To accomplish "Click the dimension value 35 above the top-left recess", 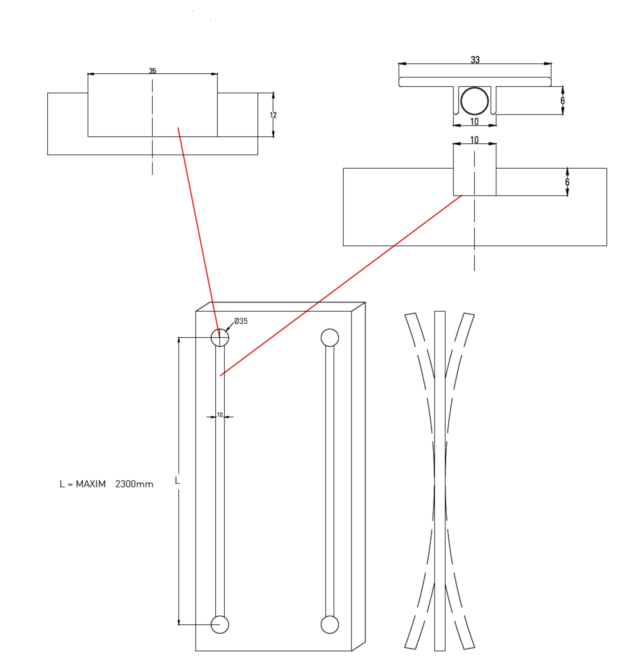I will click(152, 71).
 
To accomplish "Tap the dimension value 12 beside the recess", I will click(273, 115).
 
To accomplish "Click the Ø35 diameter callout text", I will click(241, 321).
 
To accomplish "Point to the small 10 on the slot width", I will click(220, 415).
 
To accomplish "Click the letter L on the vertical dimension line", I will click(177, 481).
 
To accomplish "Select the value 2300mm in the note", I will click(134, 484).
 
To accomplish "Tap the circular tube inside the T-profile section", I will click(474, 101).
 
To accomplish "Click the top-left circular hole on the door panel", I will click(220, 338).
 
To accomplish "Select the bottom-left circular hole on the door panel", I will click(220, 624).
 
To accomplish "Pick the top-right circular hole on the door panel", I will click(330, 338).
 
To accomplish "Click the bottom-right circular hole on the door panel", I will click(330, 624).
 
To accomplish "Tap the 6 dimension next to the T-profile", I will click(562, 101).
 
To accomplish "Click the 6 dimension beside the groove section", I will click(567, 182).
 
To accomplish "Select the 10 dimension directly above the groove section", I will click(474, 140).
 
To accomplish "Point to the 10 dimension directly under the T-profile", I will click(474, 122).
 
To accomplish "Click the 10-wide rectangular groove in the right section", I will click(474, 182).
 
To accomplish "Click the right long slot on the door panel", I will click(330, 481).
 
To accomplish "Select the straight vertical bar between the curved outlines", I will click(440, 481).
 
